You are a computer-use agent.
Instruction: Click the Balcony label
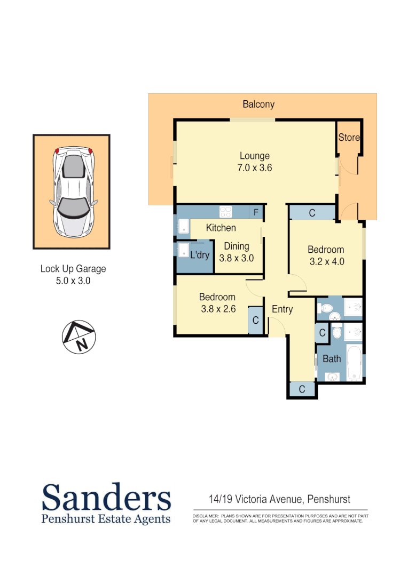258,104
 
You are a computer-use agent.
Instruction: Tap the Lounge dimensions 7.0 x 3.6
255,167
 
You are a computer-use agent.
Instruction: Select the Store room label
349,138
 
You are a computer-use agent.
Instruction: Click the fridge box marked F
256,212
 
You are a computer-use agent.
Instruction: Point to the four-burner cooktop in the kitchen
225,212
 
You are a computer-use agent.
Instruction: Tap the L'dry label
200,255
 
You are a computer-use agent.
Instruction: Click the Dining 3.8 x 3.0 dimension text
236,258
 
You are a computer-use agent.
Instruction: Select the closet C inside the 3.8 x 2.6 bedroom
256,321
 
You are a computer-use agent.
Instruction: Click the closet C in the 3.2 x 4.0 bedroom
312,213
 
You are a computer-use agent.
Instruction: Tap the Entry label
282,309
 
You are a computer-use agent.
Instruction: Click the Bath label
332,359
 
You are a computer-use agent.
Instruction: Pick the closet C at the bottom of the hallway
302,390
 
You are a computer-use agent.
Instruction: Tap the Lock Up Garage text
73,269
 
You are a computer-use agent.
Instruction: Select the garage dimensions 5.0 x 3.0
73,281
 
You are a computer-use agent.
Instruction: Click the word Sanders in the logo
107,498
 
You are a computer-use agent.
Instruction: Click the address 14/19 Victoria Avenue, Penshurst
279,500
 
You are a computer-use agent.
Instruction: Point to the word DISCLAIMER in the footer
206,516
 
